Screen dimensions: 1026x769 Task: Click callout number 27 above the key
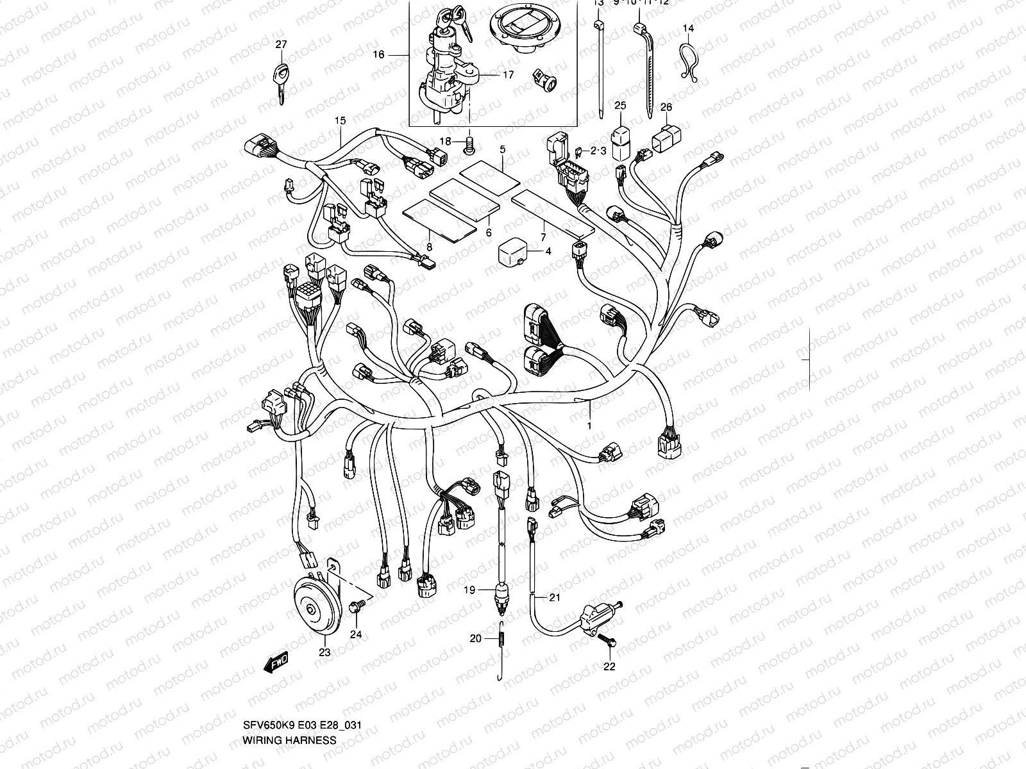coord(282,44)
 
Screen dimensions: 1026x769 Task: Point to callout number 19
coord(469,590)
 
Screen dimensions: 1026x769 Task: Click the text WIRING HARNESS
coord(289,740)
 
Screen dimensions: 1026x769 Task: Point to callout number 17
coord(508,75)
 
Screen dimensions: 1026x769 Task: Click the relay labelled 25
coord(620,142)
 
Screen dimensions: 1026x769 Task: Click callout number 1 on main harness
coord(589,425)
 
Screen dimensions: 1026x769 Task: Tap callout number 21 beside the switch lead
coord(554,597)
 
